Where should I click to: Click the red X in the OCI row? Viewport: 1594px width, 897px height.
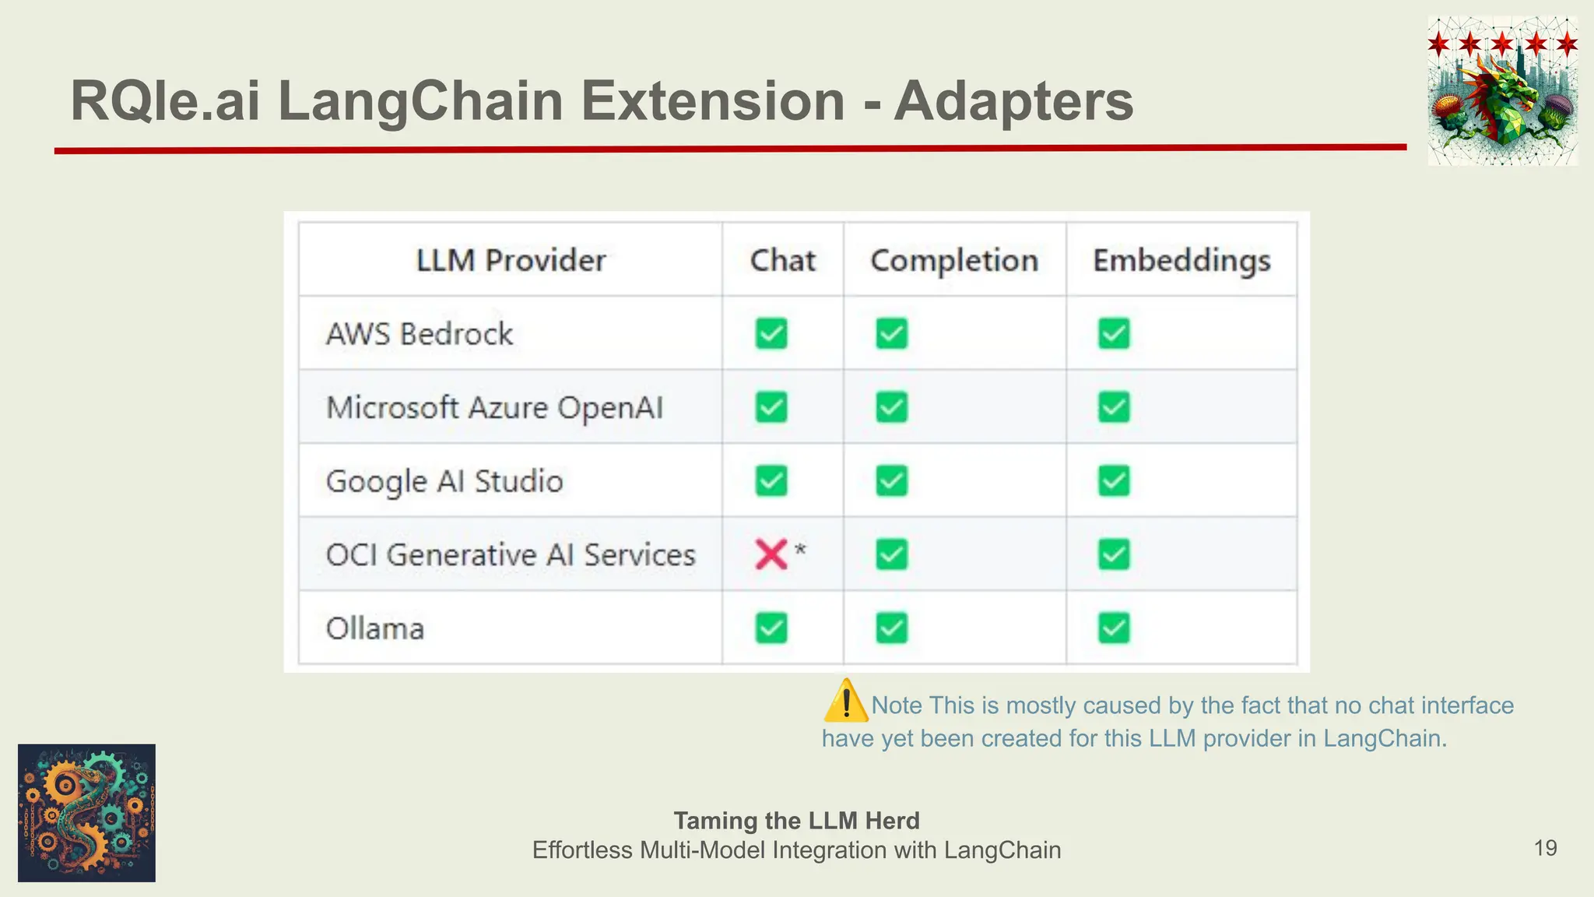pos(771,554)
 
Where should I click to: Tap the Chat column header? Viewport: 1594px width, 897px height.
pos(782,260)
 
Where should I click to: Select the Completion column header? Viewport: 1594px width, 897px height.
pos(954,260)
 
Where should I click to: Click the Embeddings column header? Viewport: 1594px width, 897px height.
pos(1181,260)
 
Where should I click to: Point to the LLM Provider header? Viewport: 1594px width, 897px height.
pos(511,260)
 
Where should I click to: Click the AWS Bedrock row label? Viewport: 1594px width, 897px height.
pos(420,334)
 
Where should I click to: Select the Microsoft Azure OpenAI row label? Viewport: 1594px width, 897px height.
pos(494,407)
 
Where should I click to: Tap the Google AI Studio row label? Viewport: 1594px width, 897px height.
pos(444,481)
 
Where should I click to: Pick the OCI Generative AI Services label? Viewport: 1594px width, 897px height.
pos(511,554)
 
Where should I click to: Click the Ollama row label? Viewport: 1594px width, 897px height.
pos(375,628)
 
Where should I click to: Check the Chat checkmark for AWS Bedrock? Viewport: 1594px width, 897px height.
pos(771,334)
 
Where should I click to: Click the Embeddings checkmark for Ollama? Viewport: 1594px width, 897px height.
pos(1114,628)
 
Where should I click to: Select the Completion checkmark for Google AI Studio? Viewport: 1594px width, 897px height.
pos(891,481)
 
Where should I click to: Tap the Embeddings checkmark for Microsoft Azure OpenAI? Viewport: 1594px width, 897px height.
pos(1114,407)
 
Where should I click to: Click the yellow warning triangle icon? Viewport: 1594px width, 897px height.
pos(845,702)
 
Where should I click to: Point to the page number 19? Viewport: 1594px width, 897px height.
pos(1545,848)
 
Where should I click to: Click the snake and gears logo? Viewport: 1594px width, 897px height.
pos(86,813)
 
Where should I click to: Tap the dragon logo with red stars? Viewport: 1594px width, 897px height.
pos(1502,91)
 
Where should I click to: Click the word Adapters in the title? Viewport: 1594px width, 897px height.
pos(1013,101)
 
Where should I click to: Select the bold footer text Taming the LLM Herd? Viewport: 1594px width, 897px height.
pos(796,821)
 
